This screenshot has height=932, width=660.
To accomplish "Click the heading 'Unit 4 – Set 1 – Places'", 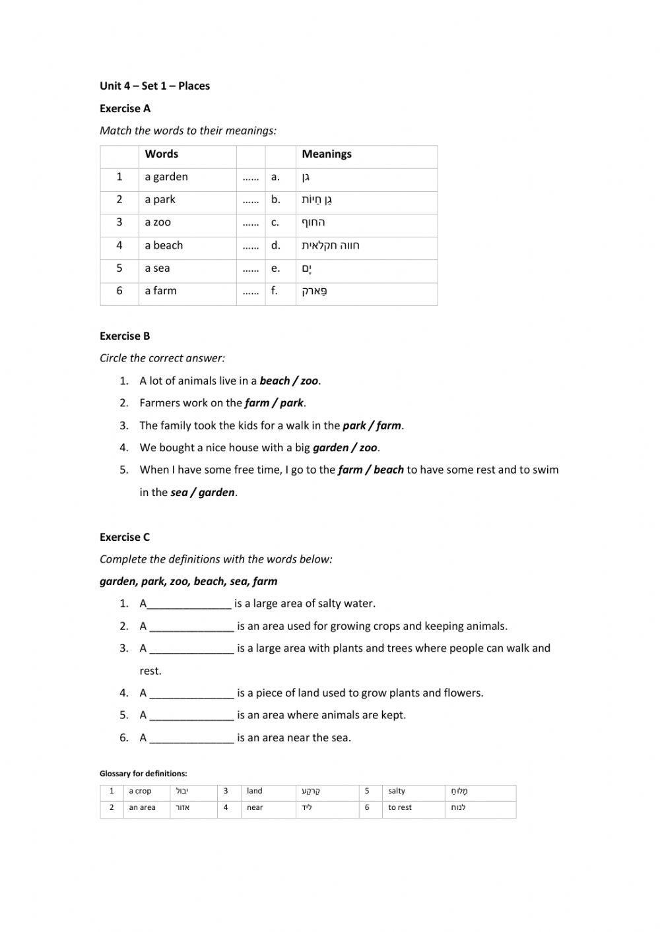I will coord(154,86).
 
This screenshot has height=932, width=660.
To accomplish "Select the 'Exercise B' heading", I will coord(125,336).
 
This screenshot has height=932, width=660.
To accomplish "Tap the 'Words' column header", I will coord(162,154).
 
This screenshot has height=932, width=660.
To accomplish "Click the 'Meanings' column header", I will coord(327,154).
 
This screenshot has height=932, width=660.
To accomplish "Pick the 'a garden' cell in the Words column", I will coord(166,177).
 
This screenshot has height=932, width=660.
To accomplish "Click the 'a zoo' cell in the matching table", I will coord(158,222).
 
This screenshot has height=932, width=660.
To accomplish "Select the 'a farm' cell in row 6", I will coord(161,291).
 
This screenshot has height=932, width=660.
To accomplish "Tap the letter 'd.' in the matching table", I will coord(276,245).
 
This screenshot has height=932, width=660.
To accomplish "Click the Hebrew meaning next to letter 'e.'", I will coord(307,268).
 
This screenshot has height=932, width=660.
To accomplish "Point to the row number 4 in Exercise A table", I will coord(119,245).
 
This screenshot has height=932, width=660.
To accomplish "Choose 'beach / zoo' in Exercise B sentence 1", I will coord(289,381).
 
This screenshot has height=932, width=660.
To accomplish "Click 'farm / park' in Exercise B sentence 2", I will coord(274,403).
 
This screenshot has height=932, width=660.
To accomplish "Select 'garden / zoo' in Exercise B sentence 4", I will coord(345,448).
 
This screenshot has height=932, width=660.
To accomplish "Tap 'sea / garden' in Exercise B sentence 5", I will coord(203,493).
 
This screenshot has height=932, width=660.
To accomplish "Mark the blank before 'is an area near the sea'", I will coord(192,738).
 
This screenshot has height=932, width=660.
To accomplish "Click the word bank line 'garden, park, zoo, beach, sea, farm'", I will coord(188,582).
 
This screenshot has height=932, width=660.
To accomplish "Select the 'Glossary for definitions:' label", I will coord(143,774).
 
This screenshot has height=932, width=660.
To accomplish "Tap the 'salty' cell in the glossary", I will coord(397,792).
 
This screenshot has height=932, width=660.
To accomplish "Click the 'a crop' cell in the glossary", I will coord(140,792).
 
